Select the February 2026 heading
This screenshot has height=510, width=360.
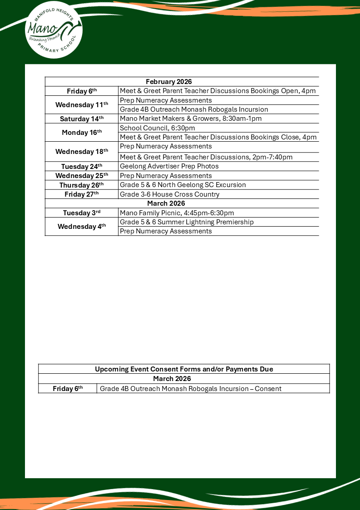pyautogui.click(x=169, y=82)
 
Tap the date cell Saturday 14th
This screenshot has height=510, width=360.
pyautogui.click(x=82, y=119)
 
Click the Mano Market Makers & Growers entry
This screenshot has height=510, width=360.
pyautogui.click(x=191, y=119)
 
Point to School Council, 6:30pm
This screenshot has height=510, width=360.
pyautogui.click(x=158, y=128)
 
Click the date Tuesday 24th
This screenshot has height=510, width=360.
pyautogui.click(x=82, y=167)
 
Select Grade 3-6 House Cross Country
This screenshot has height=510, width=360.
pyautogui.click(x=169, y=194)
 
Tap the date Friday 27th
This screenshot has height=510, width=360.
pyautogui.click(x=82, y=194)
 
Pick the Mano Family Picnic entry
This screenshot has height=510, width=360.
pyautogui.click(x=177, y=213)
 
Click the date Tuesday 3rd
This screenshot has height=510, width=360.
pyautogui.click(x=82, y=213)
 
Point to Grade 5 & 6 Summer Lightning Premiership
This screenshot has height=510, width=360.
pyautogui.click(x=187, y=222)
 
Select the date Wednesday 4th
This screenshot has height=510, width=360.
pyautogui.click(x=82, y=227)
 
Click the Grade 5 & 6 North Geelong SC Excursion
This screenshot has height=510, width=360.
pyautogui.click(x=183, y=185)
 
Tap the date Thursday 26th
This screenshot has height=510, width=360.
pyautogui.click(x=82, y=185)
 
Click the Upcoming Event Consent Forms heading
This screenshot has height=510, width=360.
pyautogui.click(x=184, y=369)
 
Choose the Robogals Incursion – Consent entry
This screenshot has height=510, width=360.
pyautogui.click(x=191, y=389)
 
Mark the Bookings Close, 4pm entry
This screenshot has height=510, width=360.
pyautogui.click(x=218, y=137)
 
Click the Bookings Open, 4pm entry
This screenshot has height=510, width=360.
pyautogui.click(x=217, y=91)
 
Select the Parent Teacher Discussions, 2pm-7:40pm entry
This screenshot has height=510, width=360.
pyautogui.click(x=206, y=157)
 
